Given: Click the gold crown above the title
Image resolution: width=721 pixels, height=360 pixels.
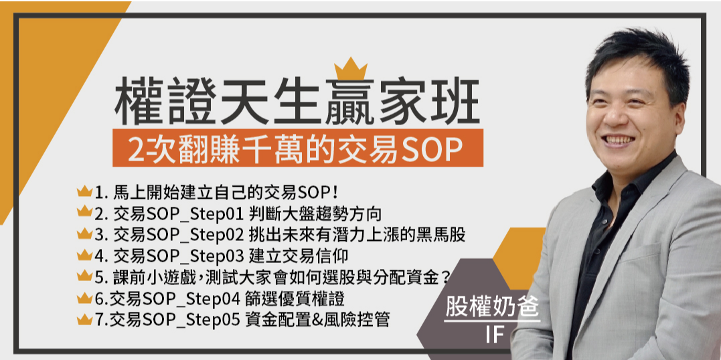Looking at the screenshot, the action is tap(350, 69).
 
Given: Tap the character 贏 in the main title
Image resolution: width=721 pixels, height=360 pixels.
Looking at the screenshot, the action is tap(351, 102).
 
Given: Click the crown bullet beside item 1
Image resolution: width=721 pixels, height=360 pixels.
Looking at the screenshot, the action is tap(84, 191).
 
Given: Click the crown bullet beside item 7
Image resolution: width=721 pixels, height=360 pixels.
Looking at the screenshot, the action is tap(84, 319).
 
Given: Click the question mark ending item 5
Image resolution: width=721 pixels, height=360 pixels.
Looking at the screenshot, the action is tap(445, 277).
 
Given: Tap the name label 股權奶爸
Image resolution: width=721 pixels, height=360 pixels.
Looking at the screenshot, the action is tap(492, 307).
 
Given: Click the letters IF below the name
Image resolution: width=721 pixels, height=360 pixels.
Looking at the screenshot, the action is tap(492, 336).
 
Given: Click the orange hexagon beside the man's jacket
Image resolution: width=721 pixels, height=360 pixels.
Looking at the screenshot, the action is tap(519, 258).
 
